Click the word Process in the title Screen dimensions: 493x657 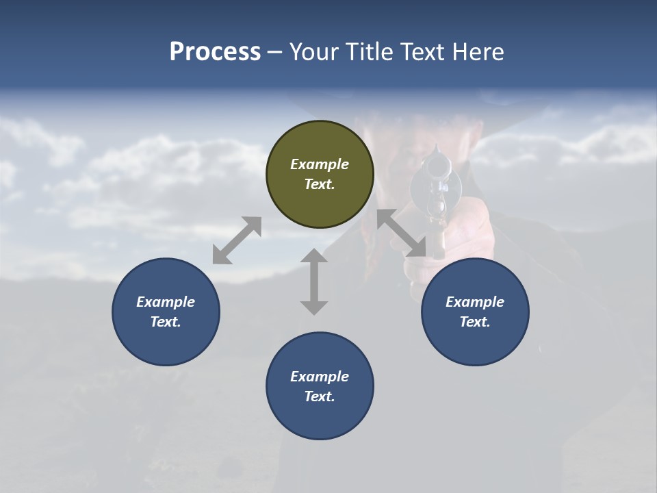215,52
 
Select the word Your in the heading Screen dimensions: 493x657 315,52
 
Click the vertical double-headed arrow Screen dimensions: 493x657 314,281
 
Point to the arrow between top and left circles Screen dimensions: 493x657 237,240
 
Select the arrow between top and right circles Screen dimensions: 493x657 402,233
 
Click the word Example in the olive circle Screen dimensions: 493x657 320,164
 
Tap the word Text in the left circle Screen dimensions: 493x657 166,322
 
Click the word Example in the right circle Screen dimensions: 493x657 475,302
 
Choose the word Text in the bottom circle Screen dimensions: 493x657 320,396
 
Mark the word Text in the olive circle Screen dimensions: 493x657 320,184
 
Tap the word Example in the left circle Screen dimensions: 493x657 166,302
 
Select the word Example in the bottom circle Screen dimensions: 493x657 320,377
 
